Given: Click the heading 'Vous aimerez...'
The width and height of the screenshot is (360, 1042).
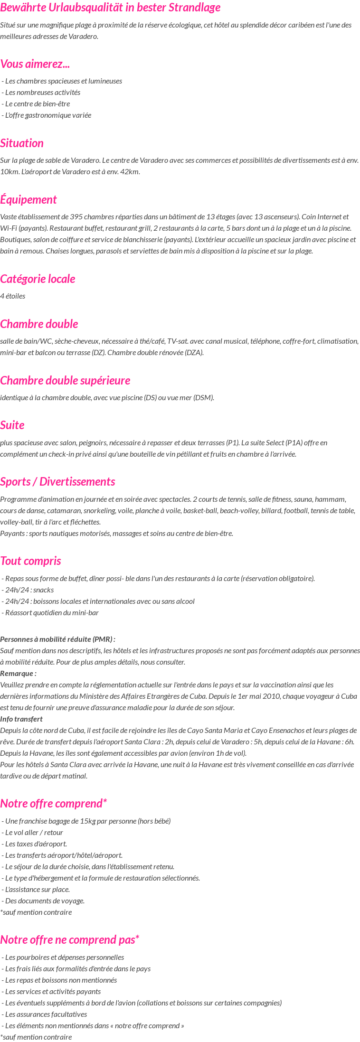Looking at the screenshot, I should tap(35, 64).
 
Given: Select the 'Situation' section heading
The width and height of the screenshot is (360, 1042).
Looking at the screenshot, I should tap(22, 143).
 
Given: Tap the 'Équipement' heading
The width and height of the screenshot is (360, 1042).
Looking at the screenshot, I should tap(28, 199).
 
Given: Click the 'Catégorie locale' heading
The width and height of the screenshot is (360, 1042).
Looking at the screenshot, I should tap(38, 279).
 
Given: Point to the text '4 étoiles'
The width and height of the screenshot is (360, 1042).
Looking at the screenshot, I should tap(13, 296).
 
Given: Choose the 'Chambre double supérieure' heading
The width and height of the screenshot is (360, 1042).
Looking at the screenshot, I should tap(65, 380).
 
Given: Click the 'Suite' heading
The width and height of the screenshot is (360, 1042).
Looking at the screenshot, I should tap(12, 425).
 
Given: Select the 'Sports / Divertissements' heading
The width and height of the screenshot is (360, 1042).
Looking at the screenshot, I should tap(57, 481).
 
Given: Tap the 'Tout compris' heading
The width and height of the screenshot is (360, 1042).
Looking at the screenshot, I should tap(30, 561).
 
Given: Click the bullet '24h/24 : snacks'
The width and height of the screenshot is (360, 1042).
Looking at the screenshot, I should tap(29, 590).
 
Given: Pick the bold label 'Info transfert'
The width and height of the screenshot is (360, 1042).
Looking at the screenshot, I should tap(21, 719).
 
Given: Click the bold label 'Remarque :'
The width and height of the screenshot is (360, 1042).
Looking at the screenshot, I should tap(19, 673).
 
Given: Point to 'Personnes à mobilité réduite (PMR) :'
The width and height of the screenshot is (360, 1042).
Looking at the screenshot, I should tap(58, 639).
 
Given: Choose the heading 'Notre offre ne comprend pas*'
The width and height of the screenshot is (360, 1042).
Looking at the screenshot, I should tap(70, 939).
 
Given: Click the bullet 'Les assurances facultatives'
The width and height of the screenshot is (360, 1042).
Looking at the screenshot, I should tap(46, 1014).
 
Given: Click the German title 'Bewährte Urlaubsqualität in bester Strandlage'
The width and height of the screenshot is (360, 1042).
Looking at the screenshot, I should tap(110, 8).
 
